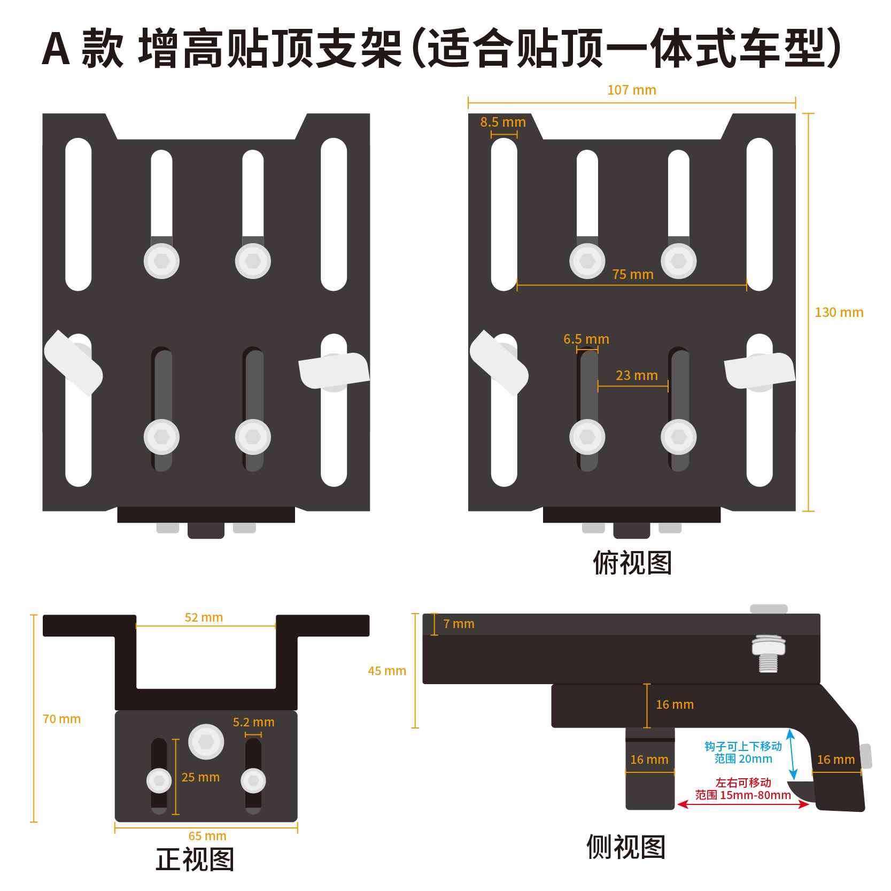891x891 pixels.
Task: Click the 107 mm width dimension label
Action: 631,90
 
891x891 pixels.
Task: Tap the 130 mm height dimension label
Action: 839,312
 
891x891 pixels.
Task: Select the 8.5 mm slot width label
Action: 502,122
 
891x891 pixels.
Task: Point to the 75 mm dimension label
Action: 633,274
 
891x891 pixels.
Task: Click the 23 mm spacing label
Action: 636,375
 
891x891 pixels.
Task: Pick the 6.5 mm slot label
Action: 586,339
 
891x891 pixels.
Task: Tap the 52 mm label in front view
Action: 204,617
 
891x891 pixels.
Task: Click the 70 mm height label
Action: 61,719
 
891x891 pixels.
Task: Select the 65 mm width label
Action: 207,835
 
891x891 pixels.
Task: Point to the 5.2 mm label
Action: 253,722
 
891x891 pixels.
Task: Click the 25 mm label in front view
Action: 200,777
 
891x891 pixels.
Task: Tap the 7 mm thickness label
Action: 459,624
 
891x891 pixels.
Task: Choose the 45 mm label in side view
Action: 387,670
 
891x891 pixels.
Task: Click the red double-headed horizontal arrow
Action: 743,804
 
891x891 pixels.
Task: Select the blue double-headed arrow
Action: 793,756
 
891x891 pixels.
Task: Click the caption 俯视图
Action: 632,562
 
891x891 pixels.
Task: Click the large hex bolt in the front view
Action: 206,742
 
